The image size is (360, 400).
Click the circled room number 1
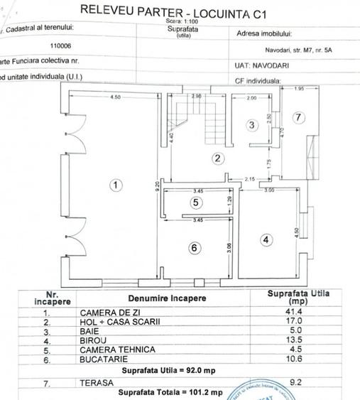[116, 185]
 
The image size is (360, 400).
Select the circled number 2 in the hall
[219, 158]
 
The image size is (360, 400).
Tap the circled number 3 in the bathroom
[251, 126]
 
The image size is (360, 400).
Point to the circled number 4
[266, 240]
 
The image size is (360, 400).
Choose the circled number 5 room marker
[197, 202]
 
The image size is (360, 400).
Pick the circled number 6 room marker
[197, 247]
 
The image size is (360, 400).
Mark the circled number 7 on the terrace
[299, 117]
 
